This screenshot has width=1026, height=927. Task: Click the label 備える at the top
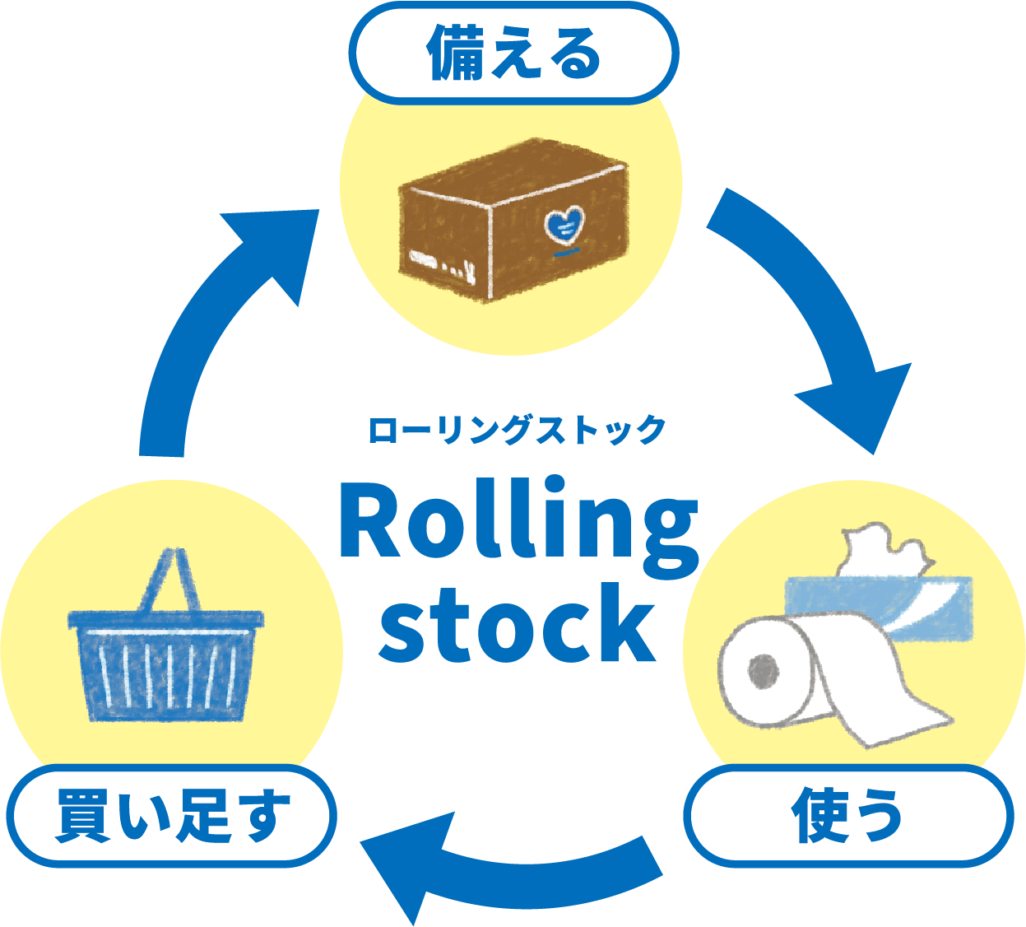[513, 54]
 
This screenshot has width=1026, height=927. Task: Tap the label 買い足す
[172, 816]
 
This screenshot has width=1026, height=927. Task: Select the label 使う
[847, 816]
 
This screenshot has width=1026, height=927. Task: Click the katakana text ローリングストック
[516, 431]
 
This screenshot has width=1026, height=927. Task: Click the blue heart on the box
[564, 224]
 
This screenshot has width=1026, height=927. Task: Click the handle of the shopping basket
[174, 576]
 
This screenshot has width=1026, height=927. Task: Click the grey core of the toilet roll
[764, 671]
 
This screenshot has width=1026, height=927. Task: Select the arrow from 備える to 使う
[823, 313]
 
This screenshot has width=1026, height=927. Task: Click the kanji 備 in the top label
[452, 54]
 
